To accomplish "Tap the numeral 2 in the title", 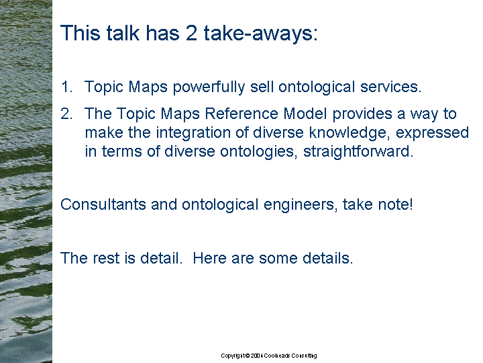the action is pos(191,33).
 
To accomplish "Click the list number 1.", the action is pos(67,87).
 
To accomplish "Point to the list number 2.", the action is pos(67,114).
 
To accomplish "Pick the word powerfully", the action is pos(209,87).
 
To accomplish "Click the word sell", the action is pos(262,87).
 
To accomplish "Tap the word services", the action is pos(390,87).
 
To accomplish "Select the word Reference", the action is pos(241,114).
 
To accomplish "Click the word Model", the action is pos(305,114).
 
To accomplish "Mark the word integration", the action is pos(193,133).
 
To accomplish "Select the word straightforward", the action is pos(358,152).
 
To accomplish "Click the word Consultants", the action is pos(103,204).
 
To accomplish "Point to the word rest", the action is pos(106,259).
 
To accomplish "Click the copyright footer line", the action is pos(268,356).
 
